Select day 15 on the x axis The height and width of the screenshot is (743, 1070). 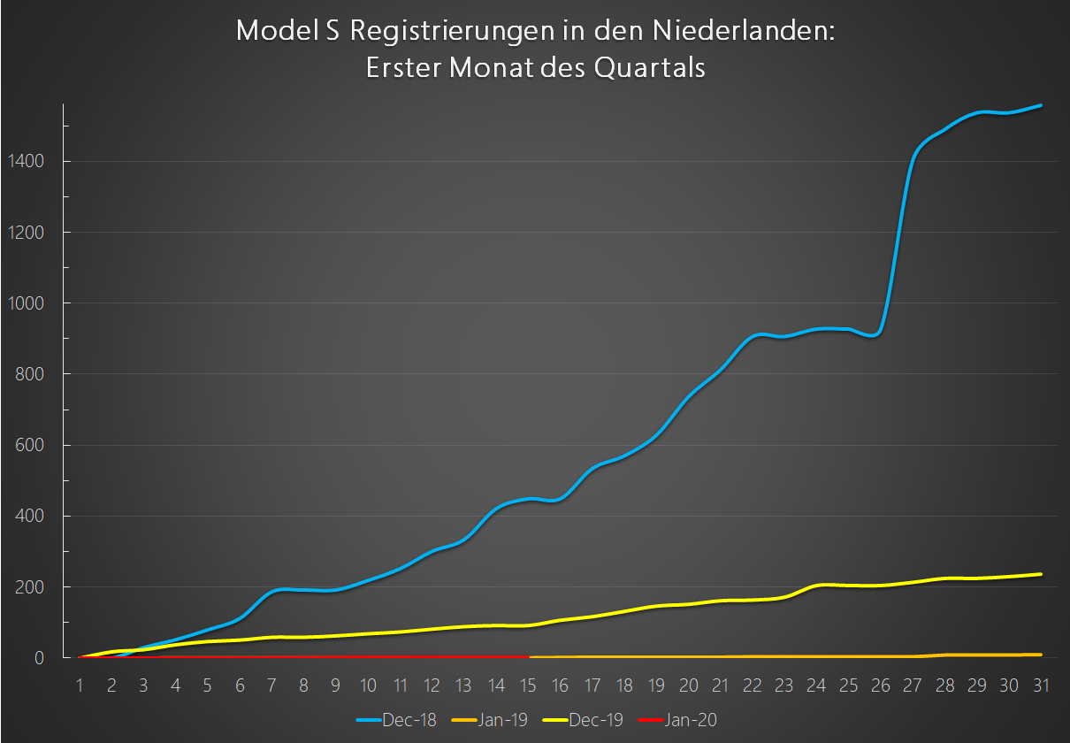(529, 685)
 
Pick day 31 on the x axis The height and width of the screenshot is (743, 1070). (1041, 685)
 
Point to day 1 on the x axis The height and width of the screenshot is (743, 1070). (80, 685)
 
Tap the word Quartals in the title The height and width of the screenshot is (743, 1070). (649, 68)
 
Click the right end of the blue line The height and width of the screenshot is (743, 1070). (1041, 105)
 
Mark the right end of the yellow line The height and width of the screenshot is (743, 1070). (1041, 574)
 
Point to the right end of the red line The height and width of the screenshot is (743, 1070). (529, 657)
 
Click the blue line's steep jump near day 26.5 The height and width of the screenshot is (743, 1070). (898, 239)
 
